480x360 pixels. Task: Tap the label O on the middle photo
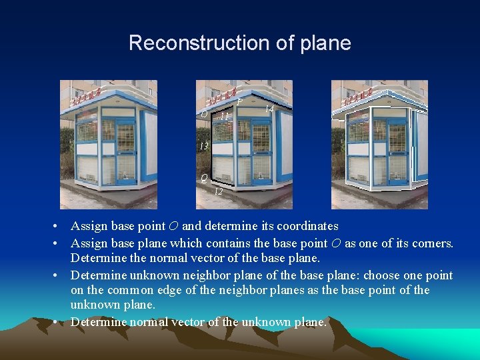(x=203, y=114)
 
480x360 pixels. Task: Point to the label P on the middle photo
(x=239, y=101)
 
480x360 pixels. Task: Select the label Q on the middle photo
(x=203, y=177)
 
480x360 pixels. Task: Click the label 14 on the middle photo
(x=269, y=109)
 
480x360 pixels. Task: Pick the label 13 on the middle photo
(x=204, y=145)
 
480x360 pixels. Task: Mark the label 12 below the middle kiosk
(x=218, y=191)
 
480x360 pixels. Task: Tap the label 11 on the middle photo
(x=225, y=116)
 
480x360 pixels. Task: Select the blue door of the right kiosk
(x=398, y=150)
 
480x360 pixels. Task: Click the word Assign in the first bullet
(x=87, y=226)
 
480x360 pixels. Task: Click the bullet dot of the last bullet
(x=61, y=323)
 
